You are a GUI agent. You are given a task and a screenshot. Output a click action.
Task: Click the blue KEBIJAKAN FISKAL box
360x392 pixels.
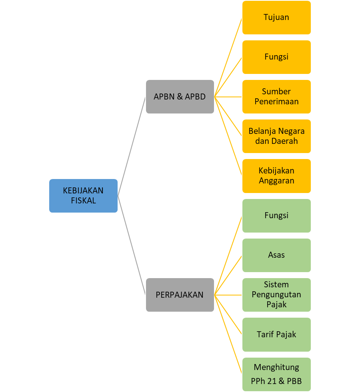coord(83,196)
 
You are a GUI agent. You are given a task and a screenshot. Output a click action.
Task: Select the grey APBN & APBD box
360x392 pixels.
coord(180,97)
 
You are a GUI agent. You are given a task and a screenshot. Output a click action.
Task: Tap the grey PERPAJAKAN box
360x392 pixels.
coord(180,295)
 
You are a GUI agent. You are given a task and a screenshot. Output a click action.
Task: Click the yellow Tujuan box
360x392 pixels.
coord(276,18)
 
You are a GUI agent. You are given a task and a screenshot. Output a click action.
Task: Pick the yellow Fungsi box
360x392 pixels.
coord(276,57)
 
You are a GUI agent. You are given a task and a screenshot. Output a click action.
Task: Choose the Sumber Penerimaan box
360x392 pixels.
coord(276,97)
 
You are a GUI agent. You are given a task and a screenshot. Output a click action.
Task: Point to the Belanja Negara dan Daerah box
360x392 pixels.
coord(276,136)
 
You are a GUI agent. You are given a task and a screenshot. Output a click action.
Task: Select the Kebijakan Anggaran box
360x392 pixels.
coord(276,176)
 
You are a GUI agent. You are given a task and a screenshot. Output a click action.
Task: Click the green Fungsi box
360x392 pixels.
coord(276,216)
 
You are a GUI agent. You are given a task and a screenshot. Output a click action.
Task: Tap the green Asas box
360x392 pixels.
coord(276,255)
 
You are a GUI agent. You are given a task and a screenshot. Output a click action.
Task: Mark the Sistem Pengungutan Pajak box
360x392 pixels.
coord(276,295)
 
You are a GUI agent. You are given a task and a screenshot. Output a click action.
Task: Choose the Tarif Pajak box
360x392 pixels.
coord(276,334)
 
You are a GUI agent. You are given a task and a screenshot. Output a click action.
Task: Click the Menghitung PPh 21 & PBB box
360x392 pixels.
coord(276,374)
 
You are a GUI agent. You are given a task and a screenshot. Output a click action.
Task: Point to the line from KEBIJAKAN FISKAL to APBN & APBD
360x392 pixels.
coord(132,146)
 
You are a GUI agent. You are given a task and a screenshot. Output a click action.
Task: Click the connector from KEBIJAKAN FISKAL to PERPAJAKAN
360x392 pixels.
coord(132,245)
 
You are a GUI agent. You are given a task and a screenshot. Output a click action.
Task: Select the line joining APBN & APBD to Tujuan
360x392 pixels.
coord(228,57)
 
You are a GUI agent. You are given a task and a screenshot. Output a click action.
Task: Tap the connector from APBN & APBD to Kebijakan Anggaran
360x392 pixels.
coord(228,136)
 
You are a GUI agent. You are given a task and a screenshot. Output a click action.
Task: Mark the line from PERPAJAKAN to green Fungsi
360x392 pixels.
coord(228,255)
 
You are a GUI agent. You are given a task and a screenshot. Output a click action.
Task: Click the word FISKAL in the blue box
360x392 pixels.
coord(83,201)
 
